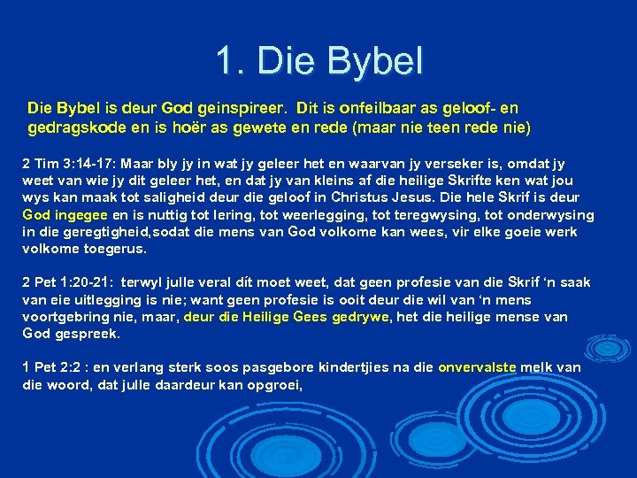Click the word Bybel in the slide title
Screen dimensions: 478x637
pyautogui.click(x=376, y=61)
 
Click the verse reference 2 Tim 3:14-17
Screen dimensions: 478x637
pyautogui.click(x=69, y=164)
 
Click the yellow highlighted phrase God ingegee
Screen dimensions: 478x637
pyautogui.click(x=65, y=215)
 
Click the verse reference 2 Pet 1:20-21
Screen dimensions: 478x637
pyautogui.click(x=69, y=283)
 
